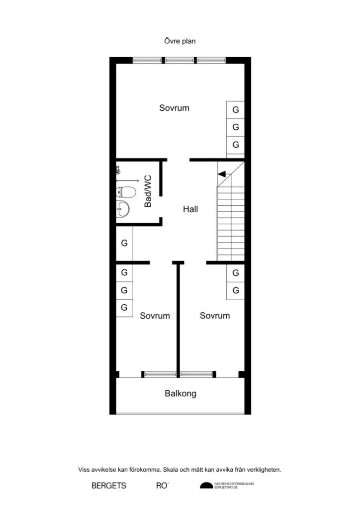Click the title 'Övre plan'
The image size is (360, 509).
[x=180, y=41]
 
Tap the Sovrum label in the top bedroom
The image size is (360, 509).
[x=174, y=108]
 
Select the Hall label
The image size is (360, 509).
[x=190, y=209]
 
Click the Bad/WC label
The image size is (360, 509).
[x=148, y=191]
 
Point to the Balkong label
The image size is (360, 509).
[x=180, y=394]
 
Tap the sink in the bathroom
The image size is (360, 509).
[x=123, y=209]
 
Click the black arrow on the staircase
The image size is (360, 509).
[x=222, y=173]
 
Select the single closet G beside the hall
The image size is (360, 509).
[x=124, y=244]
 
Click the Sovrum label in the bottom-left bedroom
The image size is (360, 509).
[x=155, y=316]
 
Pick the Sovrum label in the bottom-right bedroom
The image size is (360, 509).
[x=215, y=316]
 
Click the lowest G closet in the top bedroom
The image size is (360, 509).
[x=236, y=145]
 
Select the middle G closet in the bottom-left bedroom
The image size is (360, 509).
[x=124, y=290]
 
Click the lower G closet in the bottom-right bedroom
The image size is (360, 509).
[x=236, y=290]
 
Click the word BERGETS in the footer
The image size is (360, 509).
[x=109, y=486]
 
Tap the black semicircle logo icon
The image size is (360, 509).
[x=205, y=486]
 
